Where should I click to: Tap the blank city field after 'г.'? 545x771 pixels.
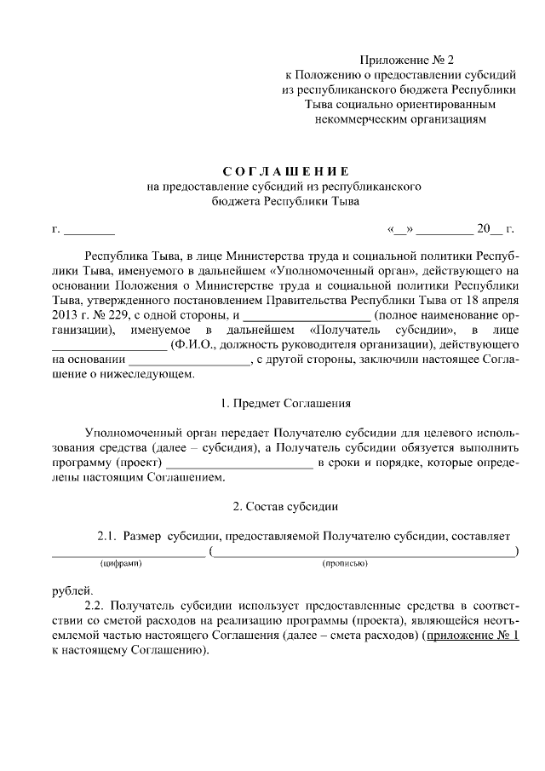pyautogui.click(x=89, y=230)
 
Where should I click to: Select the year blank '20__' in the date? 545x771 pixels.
pyautogui.click(x=490, y=228)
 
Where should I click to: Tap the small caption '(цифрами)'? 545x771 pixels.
pyautogui.click(x=120, y=564)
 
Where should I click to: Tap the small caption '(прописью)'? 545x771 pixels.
pyautogui.click(x=345, y=564)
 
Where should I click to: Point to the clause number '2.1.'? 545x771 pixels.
pyautogui.click(x=106, y=536)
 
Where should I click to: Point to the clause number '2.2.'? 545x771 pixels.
pyautogui.click(x=100, y=606)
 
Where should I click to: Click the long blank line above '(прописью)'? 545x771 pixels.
pyautogui.click(x=364, y=551)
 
